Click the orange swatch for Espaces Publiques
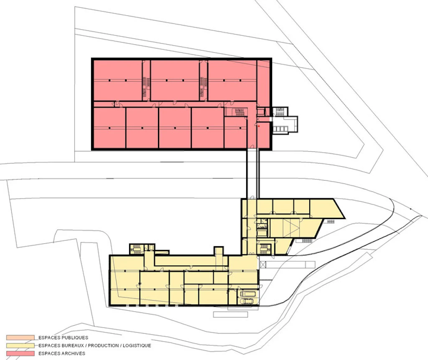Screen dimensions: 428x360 click(x=20, y=337)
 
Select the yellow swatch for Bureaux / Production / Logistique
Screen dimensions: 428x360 click(x=20, y=345)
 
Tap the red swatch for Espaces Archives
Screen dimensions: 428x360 click(x=20, y=353)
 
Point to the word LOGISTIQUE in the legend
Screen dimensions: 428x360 click(x=137, y=345)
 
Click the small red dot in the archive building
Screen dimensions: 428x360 click(x=258, y=126)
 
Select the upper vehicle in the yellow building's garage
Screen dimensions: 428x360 click(x=248, y=294)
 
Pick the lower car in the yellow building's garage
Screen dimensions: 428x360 click(x=247, y=301)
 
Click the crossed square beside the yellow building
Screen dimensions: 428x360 click(x=263, y=264)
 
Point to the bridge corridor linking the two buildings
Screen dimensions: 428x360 click(x=253, y=174)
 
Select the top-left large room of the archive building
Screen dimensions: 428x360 click(x=117, y=81)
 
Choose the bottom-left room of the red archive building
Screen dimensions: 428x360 click(x=110, y=128)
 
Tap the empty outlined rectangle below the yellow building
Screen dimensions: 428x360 click(x=230, y=315)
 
